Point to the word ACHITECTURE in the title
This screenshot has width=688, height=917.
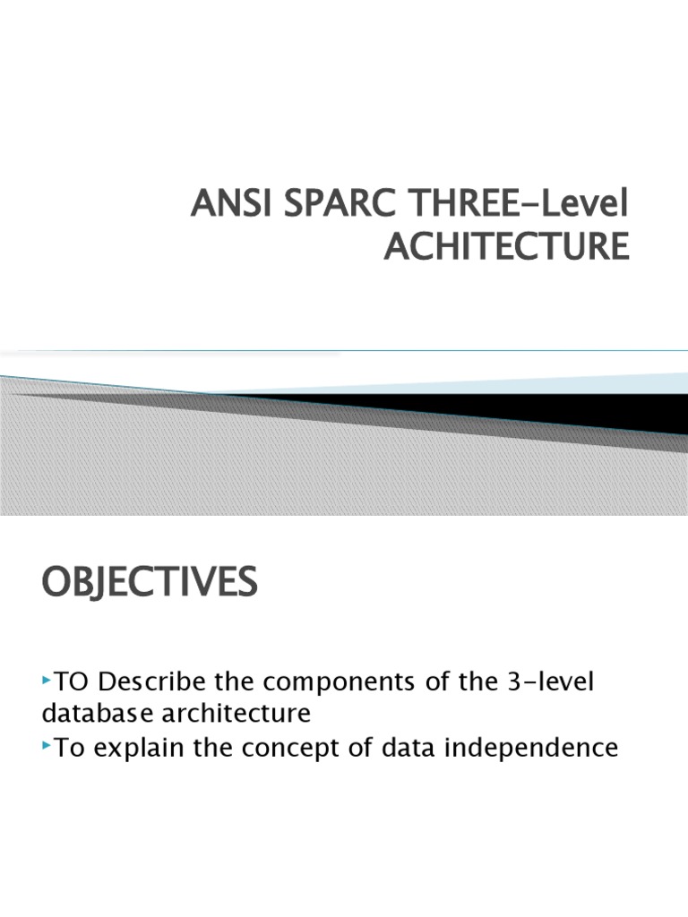[506, 246]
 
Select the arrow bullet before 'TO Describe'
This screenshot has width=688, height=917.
[47, 683]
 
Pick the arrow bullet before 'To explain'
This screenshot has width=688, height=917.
[47, 745]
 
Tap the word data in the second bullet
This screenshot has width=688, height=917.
[426, 747]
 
